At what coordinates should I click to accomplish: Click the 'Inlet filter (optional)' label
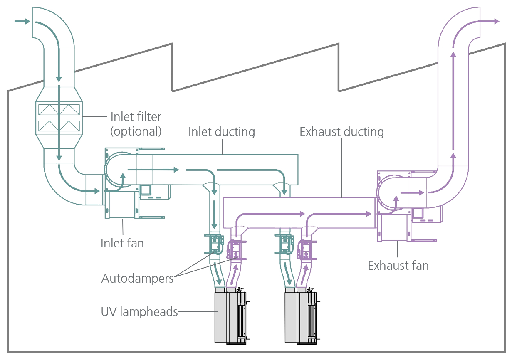tap(136, 123)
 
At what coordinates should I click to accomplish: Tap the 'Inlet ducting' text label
tap(221, 132)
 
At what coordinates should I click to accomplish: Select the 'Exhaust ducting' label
tap(341, 132)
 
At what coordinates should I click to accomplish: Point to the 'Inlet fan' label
tap(122, 243)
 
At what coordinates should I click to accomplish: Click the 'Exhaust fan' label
tap(398, 265)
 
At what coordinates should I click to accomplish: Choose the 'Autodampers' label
tap(138, 278)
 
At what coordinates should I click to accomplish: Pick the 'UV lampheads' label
tap(139, 311)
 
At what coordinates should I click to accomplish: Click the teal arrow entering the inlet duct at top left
tap(22, 21)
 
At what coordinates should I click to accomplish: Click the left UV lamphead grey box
tap(220, 317)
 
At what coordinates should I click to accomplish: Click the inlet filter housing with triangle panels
tap(59, 118)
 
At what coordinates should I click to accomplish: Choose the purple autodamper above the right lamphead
tap(306, 249)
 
